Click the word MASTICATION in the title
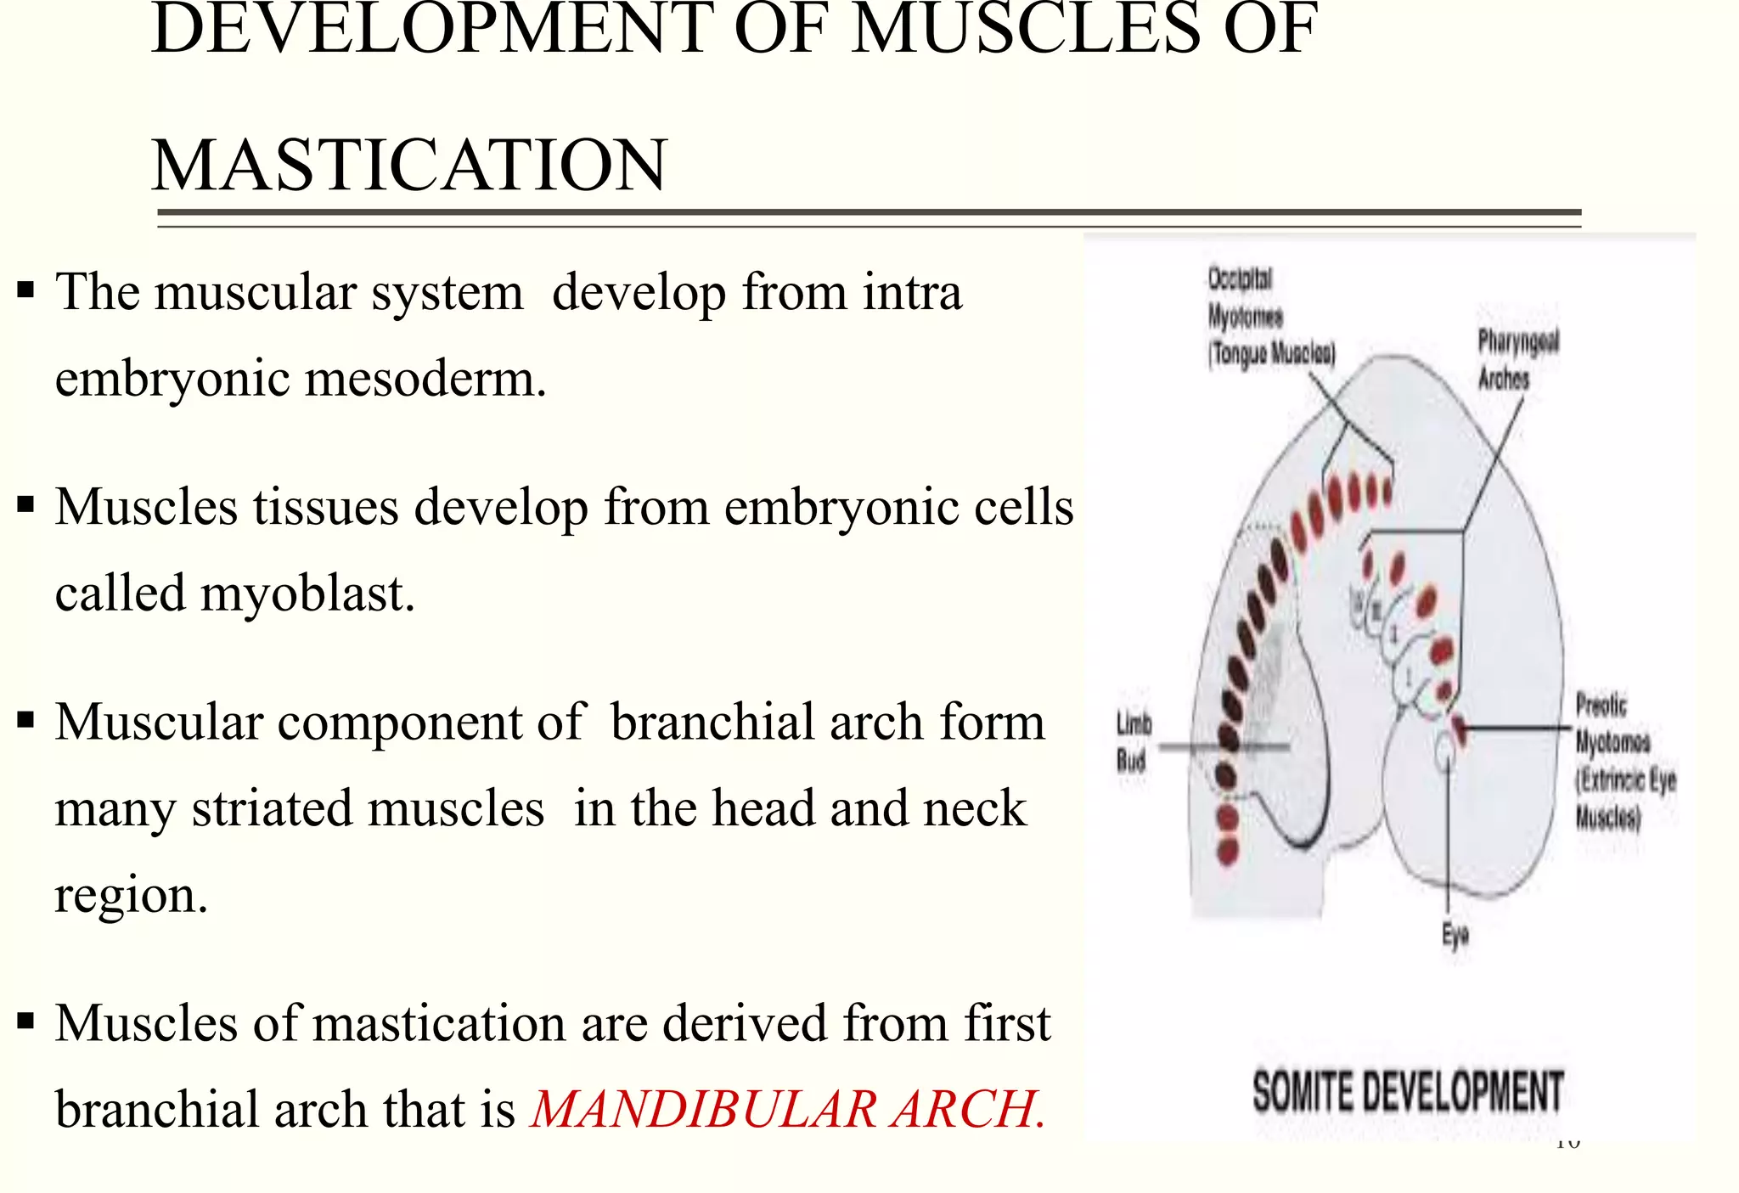pos(409,165)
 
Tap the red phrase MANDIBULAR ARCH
pos(787,1109)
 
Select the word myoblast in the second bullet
pos(307,593)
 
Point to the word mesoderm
pos(425,378)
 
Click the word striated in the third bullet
pos(367,808)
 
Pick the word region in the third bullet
pos(131,895)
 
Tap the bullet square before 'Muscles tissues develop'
pos(25,506)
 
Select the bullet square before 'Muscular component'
pos(25,722)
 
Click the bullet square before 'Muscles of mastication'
pos(25,1021)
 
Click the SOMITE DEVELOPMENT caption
pos(1407,1092)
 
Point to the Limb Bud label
pos(1133,742)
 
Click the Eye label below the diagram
pos(1455,935)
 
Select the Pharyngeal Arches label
pos(1517,359)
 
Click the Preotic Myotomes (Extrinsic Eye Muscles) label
pos(1624,761)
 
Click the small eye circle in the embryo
pos(1444,749)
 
